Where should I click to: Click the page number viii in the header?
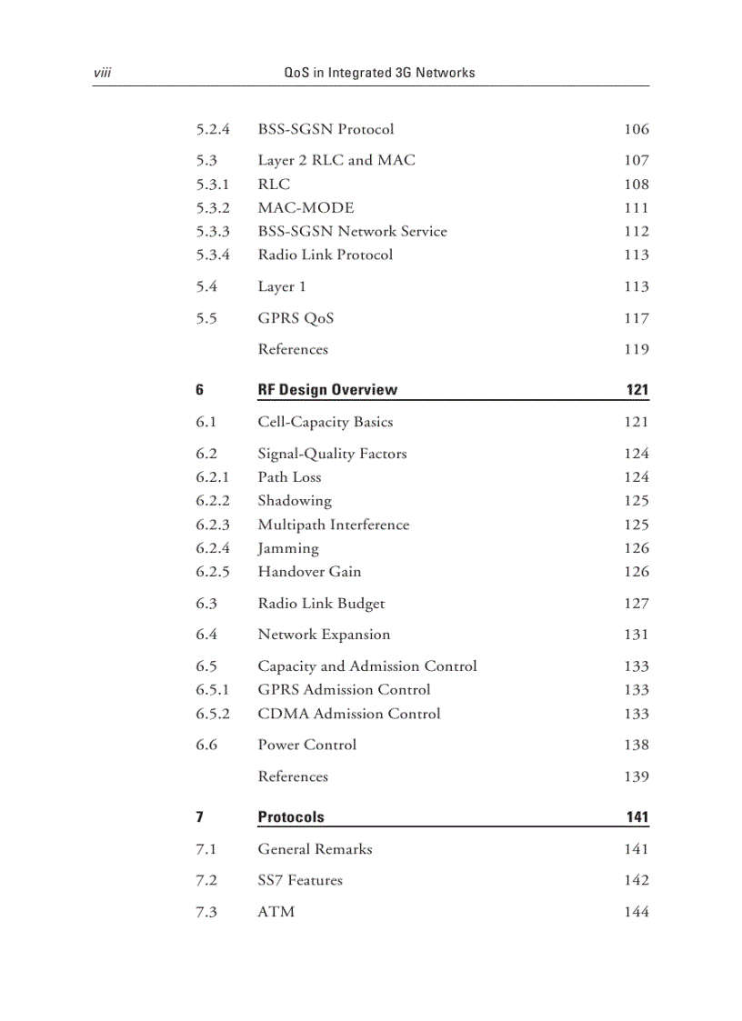(x=102, y=73)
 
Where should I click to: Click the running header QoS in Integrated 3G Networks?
(x=379, y=73)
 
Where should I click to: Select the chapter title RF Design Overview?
(x=327, y=390)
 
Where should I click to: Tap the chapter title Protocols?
(x=290, y=817)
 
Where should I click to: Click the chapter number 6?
(x=199, y=390)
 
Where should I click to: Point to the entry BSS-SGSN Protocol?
(x=326, y=129)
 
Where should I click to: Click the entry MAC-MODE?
(x=306, y=208)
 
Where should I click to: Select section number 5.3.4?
(x=213, y=255)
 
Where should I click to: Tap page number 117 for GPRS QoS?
(x=636, y=318)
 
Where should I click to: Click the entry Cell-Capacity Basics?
(x=325, y=422)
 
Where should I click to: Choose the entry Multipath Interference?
(x=333, y=525)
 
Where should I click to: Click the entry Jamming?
(x=287, y=548)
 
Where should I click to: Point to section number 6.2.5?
(x=213, y=572)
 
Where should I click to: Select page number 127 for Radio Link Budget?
(x=636, y=604)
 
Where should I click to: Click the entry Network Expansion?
(x=324, y=635)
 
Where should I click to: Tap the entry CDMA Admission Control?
(x=348, y=714)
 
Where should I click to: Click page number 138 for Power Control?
(x=636, y=745)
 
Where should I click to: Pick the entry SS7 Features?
(x=300, y=880)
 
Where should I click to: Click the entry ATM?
(x=276, y=912)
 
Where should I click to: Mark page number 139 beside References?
(x=636, y=776)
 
